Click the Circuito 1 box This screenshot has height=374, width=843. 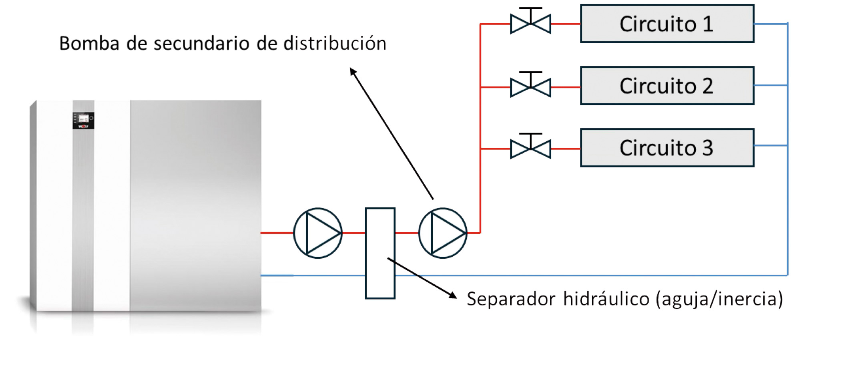tap(667, 24)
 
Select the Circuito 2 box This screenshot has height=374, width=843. tap(667, 86)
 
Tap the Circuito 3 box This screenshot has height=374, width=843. tap(667, 148)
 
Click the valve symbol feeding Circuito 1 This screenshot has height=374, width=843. tap(530, 23)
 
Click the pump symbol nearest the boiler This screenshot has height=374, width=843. tap(318, 233)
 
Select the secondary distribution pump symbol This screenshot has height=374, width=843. tap(443, 233)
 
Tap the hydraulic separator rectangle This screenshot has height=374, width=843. tap(380, 253)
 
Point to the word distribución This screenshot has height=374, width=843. tap(335, 44)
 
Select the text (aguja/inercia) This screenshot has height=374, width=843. tap(719, 299)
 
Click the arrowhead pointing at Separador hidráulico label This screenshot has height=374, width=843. tap(453, 296)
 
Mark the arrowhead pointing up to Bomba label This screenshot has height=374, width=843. tap(353, 71)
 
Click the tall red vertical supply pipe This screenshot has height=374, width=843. tap(480, 128)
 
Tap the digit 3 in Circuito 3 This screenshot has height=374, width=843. tap(707, 148)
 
